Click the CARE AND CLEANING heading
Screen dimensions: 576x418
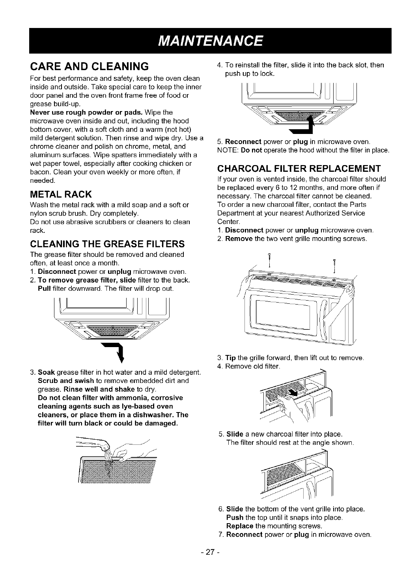click(x=89, y=65)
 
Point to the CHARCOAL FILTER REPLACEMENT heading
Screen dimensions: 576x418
click(x=299, y=169)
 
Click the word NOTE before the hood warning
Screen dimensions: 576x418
click(x=227, y=151)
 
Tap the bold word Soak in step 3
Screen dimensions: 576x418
click(x=46, y=372)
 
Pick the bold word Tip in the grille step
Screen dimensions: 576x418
click(x=230, y=358)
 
